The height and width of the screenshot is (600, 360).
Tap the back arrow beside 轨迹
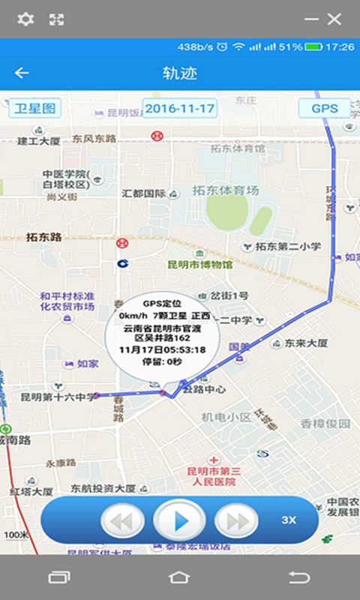(x=22, y=73)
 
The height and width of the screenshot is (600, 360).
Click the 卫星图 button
(x=35, y=108)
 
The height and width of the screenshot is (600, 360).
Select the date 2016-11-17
(x=180, y=108)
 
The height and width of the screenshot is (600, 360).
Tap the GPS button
(x=325, y=108)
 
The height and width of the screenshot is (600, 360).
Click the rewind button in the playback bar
(x=122, y=520)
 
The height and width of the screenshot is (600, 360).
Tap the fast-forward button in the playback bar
(x=237, y=520)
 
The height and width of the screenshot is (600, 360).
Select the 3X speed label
(x=289, y=520)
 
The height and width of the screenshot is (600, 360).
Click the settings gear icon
(x=25, y=19)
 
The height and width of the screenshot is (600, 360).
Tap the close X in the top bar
(x=334, y=19)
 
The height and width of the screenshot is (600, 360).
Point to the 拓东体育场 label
(x=225, y=190)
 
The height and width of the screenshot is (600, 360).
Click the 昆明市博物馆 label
(x=199, y=265)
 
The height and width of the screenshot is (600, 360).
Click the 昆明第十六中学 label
(x=58, y=397)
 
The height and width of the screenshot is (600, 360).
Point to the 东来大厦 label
(x=306, y=343)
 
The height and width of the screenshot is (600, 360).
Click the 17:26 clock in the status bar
(x=340, y=46)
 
